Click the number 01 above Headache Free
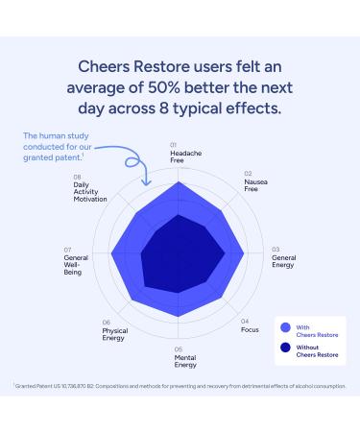(174, 145)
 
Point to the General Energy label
(284, 260)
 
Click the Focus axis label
(250, 329)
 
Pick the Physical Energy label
(114, 335)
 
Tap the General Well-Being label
(76, 265)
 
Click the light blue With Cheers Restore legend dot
(284, 325)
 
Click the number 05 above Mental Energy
(179, 348)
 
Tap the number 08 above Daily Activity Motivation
(77, 177)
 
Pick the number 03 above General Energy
(276, 249)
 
